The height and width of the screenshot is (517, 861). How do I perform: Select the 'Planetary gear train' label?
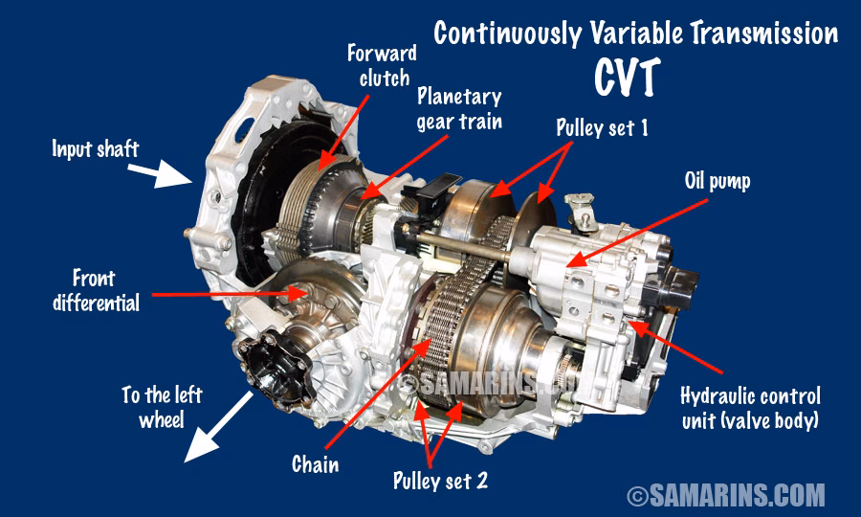[x=459, y=109]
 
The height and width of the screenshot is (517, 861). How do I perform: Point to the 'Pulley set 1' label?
[x=603, y=126]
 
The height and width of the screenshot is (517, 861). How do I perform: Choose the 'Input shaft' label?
[x=97, y=148]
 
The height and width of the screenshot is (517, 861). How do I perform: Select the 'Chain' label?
[x=315, y=464]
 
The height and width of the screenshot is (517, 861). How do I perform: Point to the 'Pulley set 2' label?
[x=440, y=480]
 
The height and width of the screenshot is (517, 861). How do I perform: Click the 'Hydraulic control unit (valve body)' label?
[x=749, y=407]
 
